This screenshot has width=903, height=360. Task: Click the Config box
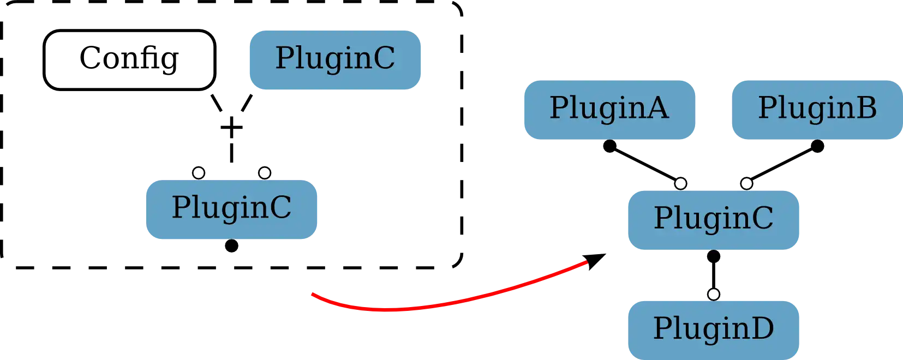click(128, 58)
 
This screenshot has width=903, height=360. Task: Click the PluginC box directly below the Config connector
click(231, 208)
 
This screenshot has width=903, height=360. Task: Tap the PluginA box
click(609, 109)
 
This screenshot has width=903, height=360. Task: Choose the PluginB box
click(816, 109)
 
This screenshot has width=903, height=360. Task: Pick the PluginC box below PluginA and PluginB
click(713, 219)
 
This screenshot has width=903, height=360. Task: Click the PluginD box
click(713, 329)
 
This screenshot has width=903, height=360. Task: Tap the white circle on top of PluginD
click(714, 295)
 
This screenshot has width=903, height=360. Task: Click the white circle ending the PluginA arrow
click(680, 183)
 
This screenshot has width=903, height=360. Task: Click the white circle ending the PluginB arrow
click(746, 183)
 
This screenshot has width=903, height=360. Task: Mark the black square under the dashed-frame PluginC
click(231, 246)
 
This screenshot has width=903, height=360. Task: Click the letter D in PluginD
click(763, 329)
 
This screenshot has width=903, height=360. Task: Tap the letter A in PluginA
click(657, 109)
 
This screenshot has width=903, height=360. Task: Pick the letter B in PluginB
click(866, 109)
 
